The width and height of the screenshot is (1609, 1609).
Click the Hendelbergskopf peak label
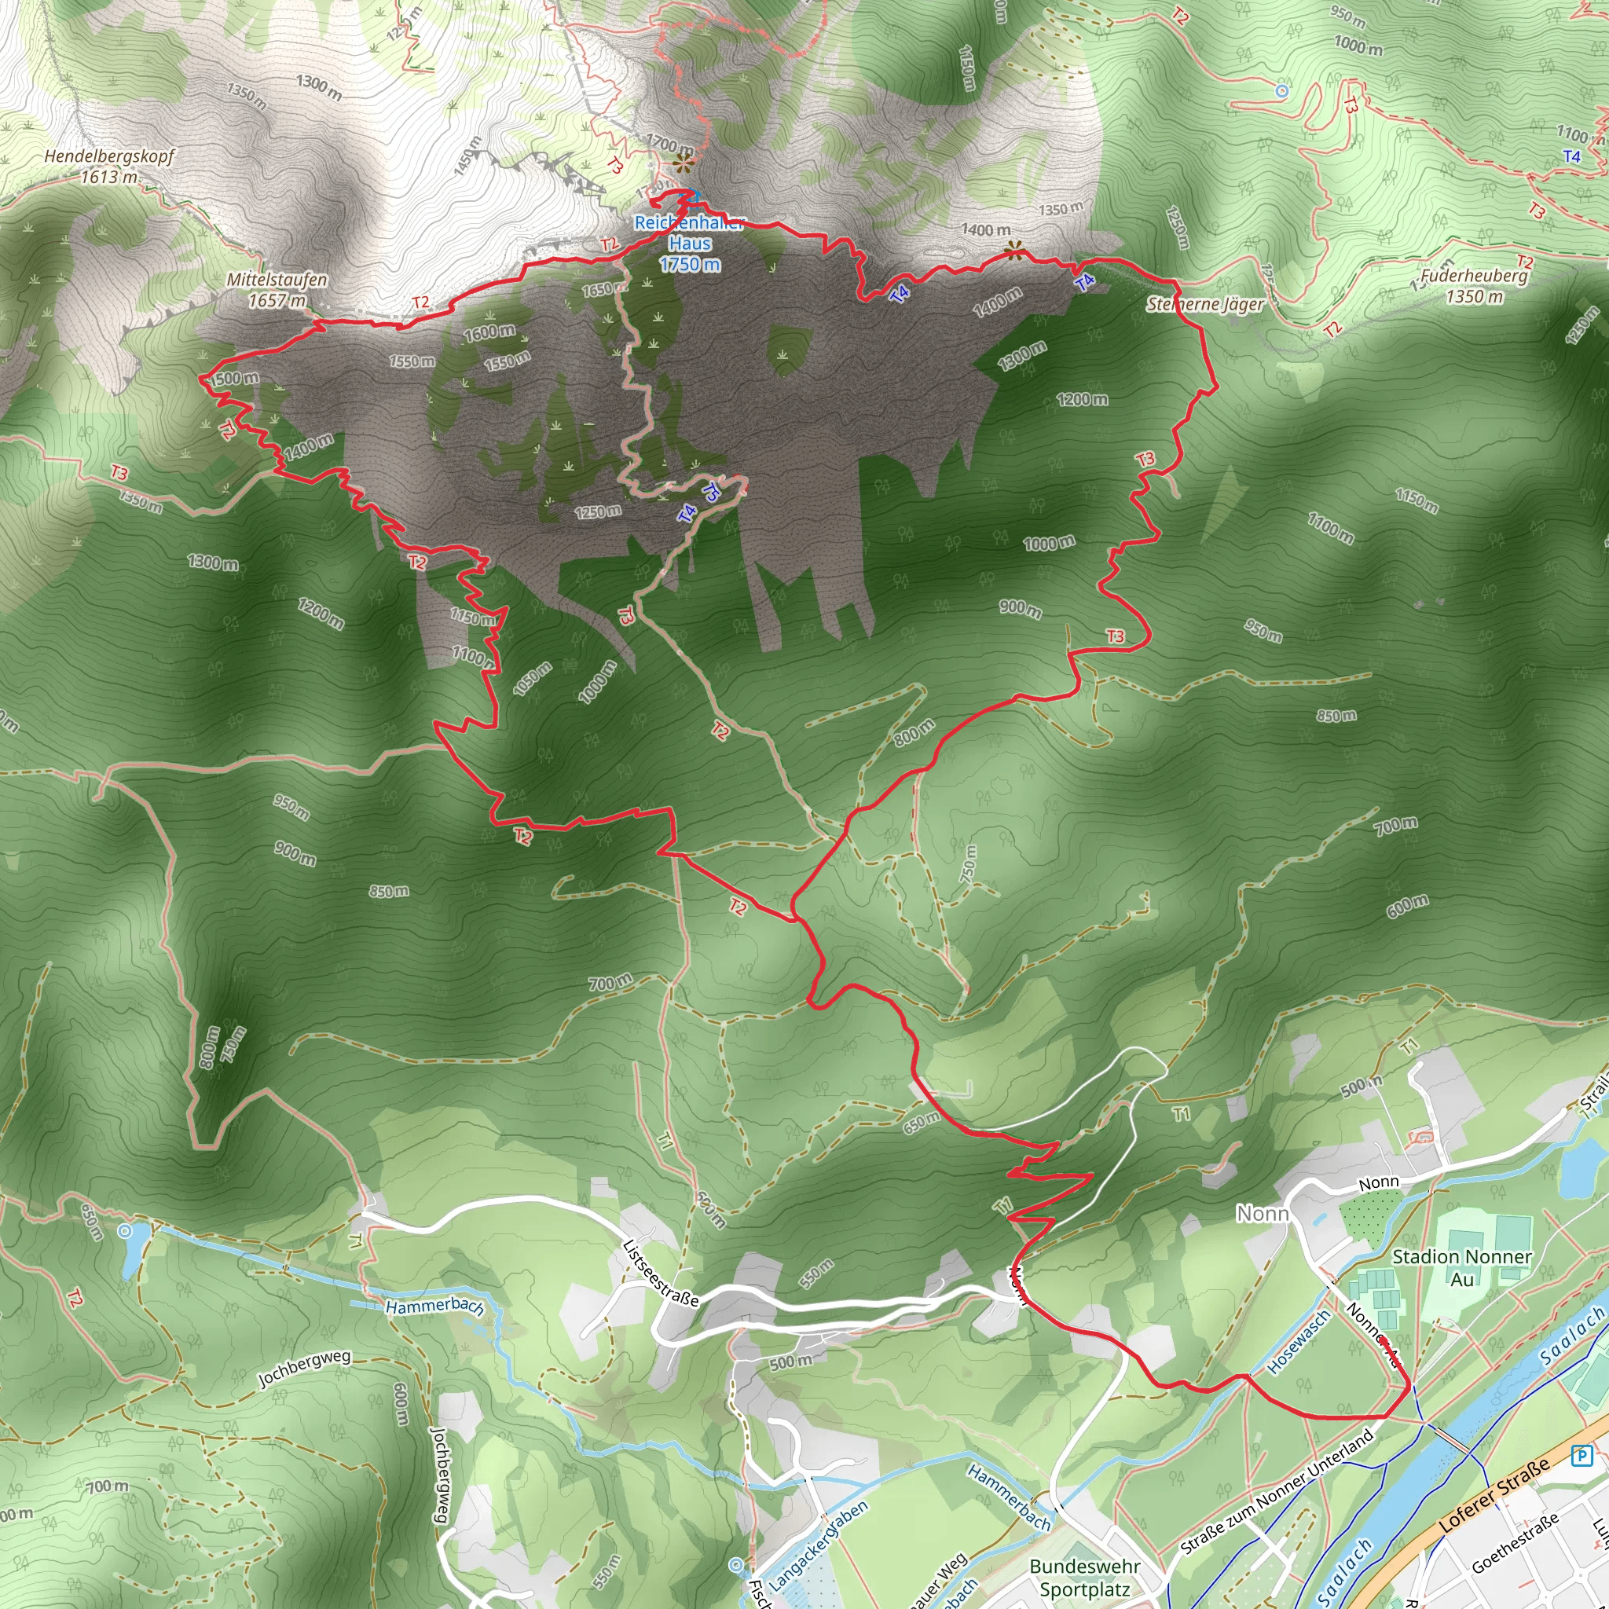coord(109,166)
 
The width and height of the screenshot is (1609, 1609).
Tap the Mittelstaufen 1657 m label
coord(277,290)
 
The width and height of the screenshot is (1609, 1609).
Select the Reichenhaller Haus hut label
coord(690,233)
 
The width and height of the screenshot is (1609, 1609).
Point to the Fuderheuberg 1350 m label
coord(1474,286)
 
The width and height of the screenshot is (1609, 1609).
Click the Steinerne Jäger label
coord(1205,304)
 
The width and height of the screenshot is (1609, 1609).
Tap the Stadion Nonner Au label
coord(1461,1267)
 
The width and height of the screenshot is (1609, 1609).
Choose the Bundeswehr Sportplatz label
coord(1085,1578)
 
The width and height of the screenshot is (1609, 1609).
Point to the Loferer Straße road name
coord(1496,1494)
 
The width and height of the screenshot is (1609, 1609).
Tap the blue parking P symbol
coord(1581,1455)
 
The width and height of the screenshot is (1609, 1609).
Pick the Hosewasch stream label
coord(1298,1342)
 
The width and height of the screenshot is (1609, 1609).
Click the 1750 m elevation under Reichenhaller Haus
coord(690,265)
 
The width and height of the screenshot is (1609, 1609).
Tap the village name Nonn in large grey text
coord(1263,1215)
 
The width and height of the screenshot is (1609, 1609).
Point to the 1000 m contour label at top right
coord(1358,45)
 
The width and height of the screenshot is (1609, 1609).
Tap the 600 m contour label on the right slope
coord(1407,905)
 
